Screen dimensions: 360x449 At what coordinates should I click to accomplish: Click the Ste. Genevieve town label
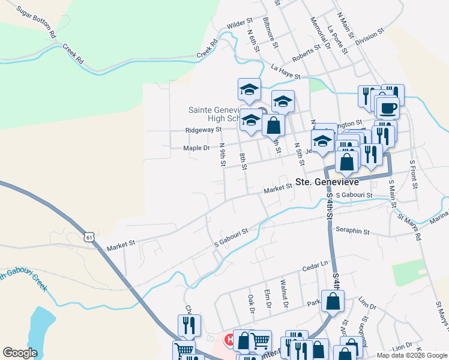[x=327, y=182]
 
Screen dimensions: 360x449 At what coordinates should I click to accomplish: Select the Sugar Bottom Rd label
[x=36, y=22]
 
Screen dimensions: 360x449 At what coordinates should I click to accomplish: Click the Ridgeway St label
[x=203, y=129]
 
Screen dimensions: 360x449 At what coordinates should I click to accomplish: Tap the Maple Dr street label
[x=197, y=147]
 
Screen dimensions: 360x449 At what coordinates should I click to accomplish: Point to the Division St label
[x=369, y=37]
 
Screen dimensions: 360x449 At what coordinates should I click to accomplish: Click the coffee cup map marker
[x=388, y=108]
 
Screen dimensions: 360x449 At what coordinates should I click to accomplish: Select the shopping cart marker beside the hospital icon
[x=260, y=341]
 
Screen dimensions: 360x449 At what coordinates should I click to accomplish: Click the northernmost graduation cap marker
[x=249, y=91]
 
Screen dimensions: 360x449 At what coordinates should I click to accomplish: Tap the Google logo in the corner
[x=20, y=353]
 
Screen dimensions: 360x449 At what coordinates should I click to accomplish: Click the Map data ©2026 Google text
[x=411, y=355]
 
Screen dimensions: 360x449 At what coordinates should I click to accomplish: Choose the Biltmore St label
[x=270, y=32]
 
